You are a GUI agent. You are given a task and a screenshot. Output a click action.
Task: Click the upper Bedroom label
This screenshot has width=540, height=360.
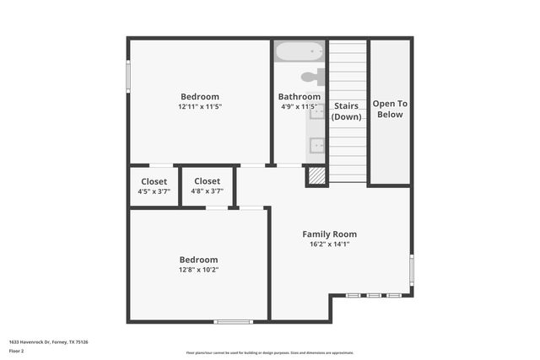(199, 96)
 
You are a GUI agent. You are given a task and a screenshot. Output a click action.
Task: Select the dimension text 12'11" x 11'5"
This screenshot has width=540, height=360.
(199, 107)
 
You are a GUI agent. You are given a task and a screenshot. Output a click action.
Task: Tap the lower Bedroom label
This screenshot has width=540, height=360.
(198, 260)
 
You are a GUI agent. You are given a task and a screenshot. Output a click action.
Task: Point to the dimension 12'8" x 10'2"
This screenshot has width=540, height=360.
(198, 270)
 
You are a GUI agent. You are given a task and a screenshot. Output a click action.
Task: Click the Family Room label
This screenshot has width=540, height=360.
(329, 234)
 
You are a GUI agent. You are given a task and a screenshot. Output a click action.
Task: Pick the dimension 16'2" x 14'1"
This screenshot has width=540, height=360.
(329, 244)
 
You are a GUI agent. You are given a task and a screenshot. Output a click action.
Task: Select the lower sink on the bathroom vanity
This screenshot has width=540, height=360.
(317, 145)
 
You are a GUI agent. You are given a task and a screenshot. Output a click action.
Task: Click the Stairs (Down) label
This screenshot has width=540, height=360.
(347, 111)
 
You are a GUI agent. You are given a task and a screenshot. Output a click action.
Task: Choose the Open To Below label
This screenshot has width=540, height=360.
(390, 109)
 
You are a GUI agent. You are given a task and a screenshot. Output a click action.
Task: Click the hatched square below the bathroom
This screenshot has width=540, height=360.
(316, 176)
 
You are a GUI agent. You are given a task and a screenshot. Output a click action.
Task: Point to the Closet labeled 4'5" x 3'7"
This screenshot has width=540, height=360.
(154, 186)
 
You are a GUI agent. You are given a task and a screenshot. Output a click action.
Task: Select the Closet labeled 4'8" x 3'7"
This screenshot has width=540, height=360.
(207, 186)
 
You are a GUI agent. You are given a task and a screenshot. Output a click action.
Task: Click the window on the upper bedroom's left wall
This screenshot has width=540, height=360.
(128, 76)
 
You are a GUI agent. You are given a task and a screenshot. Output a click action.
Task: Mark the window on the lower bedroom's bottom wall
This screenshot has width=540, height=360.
(233, 321)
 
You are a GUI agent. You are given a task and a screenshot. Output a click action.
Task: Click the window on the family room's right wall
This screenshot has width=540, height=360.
(411, 270)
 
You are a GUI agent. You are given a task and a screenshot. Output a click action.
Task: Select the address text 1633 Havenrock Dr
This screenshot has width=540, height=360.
(48, 342)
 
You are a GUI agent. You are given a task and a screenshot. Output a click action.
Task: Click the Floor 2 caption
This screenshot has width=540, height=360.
(17, 351)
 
